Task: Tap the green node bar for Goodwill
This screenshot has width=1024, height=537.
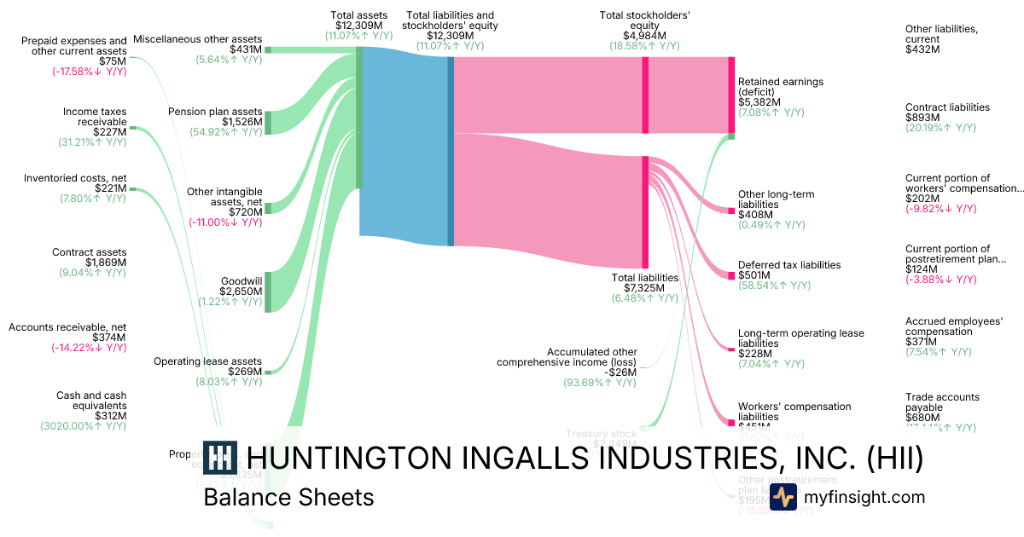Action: (268, 292)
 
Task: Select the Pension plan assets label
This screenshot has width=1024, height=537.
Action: (215, 111)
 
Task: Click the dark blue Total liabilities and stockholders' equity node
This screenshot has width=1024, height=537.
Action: (450, 151)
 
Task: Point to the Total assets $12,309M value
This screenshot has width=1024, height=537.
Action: (358, 26)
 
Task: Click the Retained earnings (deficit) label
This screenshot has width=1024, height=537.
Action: (781, 87)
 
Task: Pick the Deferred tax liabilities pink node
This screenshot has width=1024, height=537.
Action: (730, 275)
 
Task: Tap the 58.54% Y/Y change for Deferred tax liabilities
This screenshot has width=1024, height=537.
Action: (771, 287)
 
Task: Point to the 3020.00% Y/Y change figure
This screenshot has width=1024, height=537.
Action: (83, 424)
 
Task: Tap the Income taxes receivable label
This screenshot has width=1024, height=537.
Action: (95, 117)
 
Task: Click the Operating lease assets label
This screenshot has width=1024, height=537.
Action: (207, 361)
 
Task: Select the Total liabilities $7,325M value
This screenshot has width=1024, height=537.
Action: (645, 288)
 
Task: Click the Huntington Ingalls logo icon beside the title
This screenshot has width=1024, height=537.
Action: (221, 458)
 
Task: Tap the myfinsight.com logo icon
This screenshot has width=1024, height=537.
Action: (783, 497)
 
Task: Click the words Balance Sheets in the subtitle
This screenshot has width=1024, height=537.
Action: (288, 497)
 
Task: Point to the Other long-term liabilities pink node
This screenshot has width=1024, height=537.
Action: (730, 210)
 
